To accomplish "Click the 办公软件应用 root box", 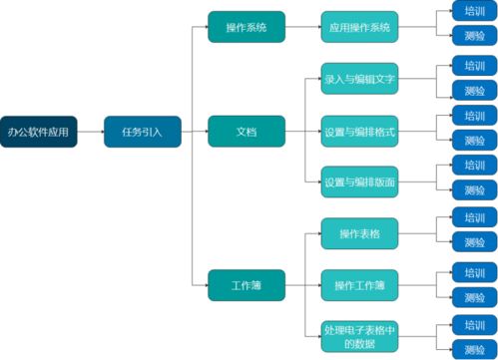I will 39,132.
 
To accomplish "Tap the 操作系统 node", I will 246,27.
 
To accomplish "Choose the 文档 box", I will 246,132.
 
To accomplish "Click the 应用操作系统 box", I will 359,27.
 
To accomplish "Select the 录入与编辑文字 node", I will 359,79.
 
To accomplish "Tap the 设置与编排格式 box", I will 359,132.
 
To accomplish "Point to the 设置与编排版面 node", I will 359,182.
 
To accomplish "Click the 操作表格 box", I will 359,234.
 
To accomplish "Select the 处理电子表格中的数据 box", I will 359,337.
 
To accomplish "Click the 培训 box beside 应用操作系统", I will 474,12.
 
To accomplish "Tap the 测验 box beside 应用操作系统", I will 474,38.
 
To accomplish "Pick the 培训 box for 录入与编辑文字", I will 474,65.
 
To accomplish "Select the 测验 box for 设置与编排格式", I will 474,141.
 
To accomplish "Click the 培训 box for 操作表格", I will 474,218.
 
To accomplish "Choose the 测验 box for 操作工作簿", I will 474,296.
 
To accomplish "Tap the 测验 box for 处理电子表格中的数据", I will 474,349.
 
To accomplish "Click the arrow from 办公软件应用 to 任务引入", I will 91,132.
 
